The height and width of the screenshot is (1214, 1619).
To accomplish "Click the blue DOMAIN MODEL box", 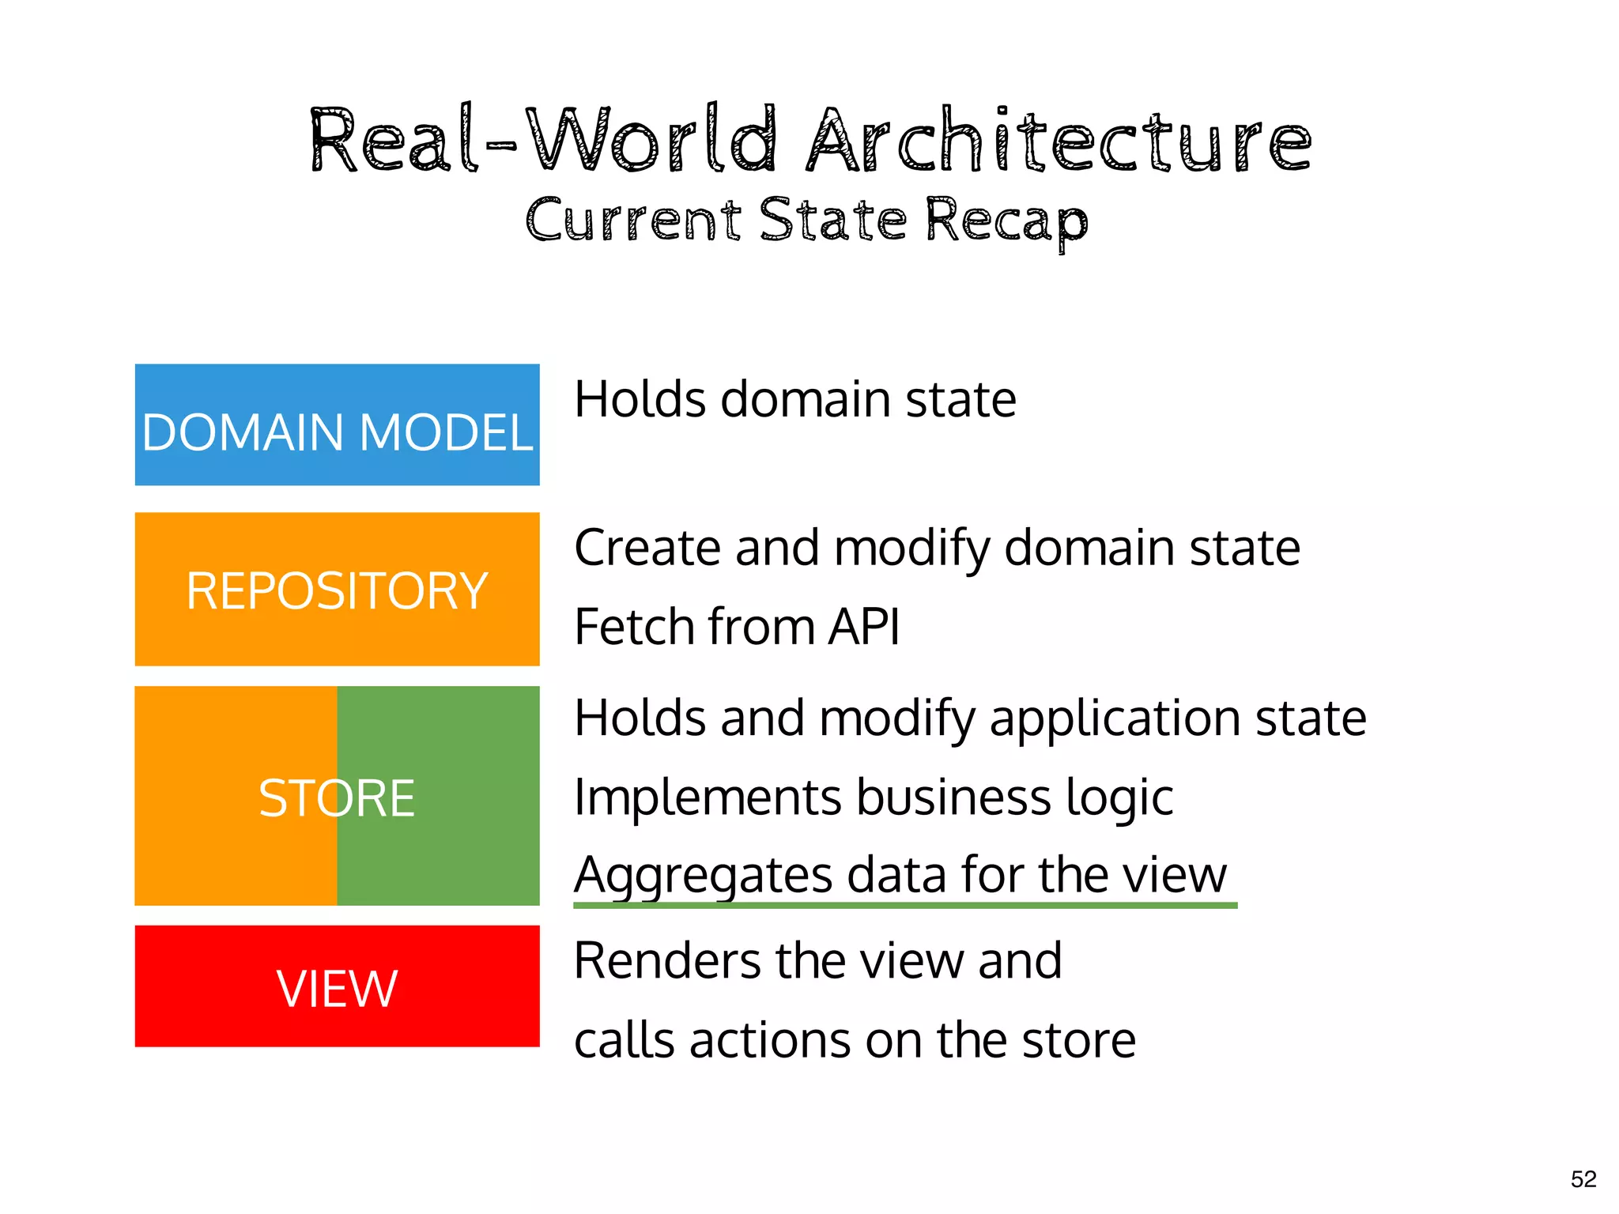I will pyautogui.click(x=337, y=424).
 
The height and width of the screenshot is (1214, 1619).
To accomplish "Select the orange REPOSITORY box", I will pyautogui.click(x=337, y=589).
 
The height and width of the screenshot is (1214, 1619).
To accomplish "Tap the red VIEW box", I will pyautogui.click(x=337, y=986).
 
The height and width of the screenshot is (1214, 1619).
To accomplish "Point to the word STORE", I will pyautogui.click(x=337, y=797).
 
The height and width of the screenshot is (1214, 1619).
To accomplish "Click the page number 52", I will pyautogui.click(x=1583, y=1179).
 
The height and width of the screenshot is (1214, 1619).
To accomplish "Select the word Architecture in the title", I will pyautogui.click(x=1059, y=141).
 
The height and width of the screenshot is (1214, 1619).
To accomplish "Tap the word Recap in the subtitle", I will pyautogui.click(x=1006, y=221).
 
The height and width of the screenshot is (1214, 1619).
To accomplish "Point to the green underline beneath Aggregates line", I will pyautogui.click(x=905, y=905).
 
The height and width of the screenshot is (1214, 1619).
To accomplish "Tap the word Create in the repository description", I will pyautogui.click(x=647, y=547).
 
